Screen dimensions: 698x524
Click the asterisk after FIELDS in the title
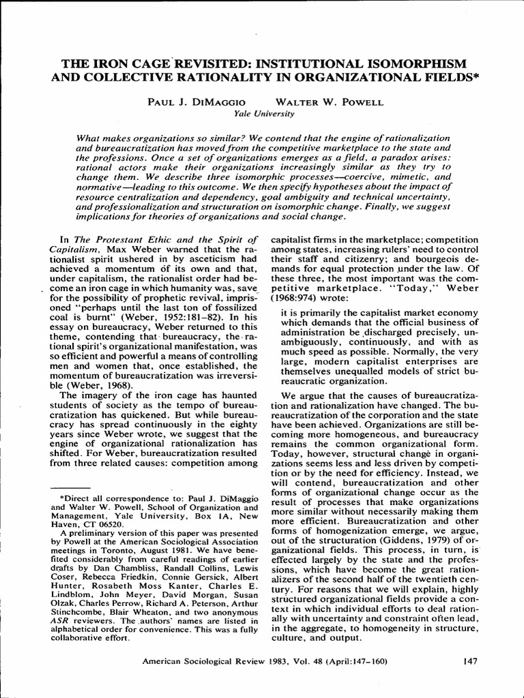477,74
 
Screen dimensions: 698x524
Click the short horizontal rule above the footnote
75,488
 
